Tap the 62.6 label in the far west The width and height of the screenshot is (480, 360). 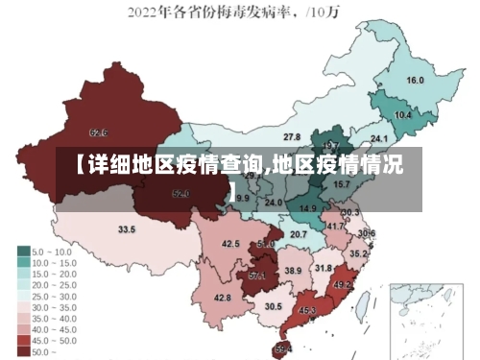point(98,132)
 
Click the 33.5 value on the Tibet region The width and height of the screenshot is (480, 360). point(127,229)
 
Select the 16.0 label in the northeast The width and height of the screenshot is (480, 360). point(415,81)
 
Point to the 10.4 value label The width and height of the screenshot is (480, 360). point(403,115)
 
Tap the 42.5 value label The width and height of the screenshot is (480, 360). point(230,244)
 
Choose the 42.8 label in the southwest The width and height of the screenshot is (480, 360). point(222,298)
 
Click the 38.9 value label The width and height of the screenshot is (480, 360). point(293,272)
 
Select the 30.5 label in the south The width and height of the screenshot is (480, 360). point(274,306)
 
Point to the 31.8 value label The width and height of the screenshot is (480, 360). point(324,268)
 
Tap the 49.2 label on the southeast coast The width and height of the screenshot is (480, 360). point(342,285)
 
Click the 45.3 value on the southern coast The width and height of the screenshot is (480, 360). point(307,310)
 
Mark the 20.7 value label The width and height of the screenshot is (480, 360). point(299,234)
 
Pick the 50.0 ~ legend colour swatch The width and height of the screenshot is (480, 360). point(24,351)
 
